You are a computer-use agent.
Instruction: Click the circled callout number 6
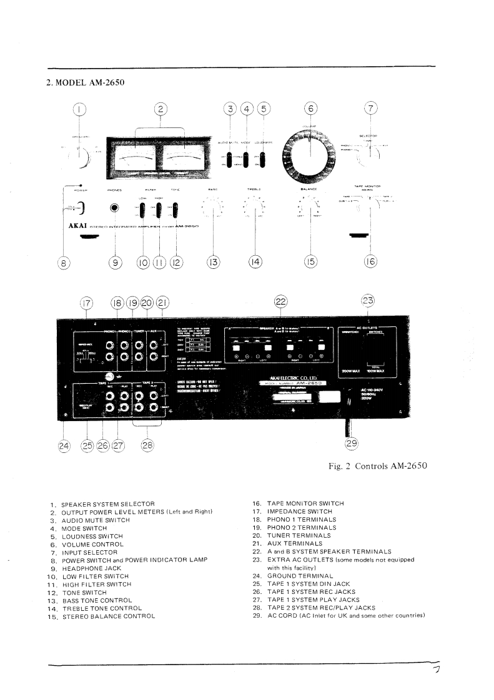pyautogui.click(x=310, y=109)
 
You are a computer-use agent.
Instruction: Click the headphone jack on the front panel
pyautogui.click(x=114, y=209)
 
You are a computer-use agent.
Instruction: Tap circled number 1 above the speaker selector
pyautogui.click(x=80, y=109)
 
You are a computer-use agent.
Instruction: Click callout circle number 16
pyautogui.click(x=371, y=262)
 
